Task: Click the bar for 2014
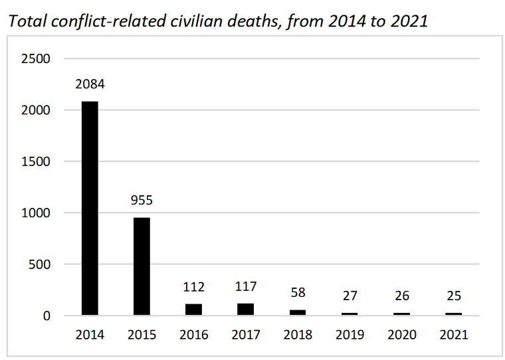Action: click(x=90, y=209)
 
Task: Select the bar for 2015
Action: click(x=141, y=266)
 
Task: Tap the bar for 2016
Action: click(x=193, y=310)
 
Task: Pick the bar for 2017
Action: click(x=245, y=309)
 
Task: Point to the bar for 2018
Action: click(x=298, y=312)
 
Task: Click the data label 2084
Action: click(x=90, y=85)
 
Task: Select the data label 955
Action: click(x=142, y=201)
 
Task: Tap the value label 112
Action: click(x=193, y=288)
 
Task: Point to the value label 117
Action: click(x=245, y=288)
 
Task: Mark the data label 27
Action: click(x=350, y=296)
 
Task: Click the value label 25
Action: click(x=453, y=296)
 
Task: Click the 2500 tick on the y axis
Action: click(x=36, y=58)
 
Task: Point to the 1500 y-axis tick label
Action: click(x=36, y=161)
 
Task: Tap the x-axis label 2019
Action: click(x=350, y=335)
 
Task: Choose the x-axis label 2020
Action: click(x=401, y=335)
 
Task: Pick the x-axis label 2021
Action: click(x=453, y=335)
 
